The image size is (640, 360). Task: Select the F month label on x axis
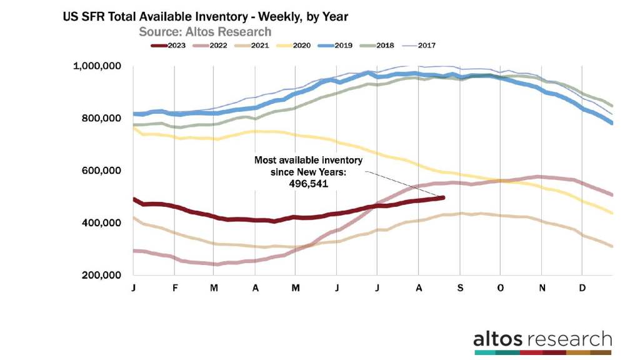tap(176, 288)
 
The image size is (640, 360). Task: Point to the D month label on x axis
tap(582, 288)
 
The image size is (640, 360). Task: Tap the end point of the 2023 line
tap(443, 197)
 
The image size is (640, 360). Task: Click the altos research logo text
tap(542, 339)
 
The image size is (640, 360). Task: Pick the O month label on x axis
tap(499, 288)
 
